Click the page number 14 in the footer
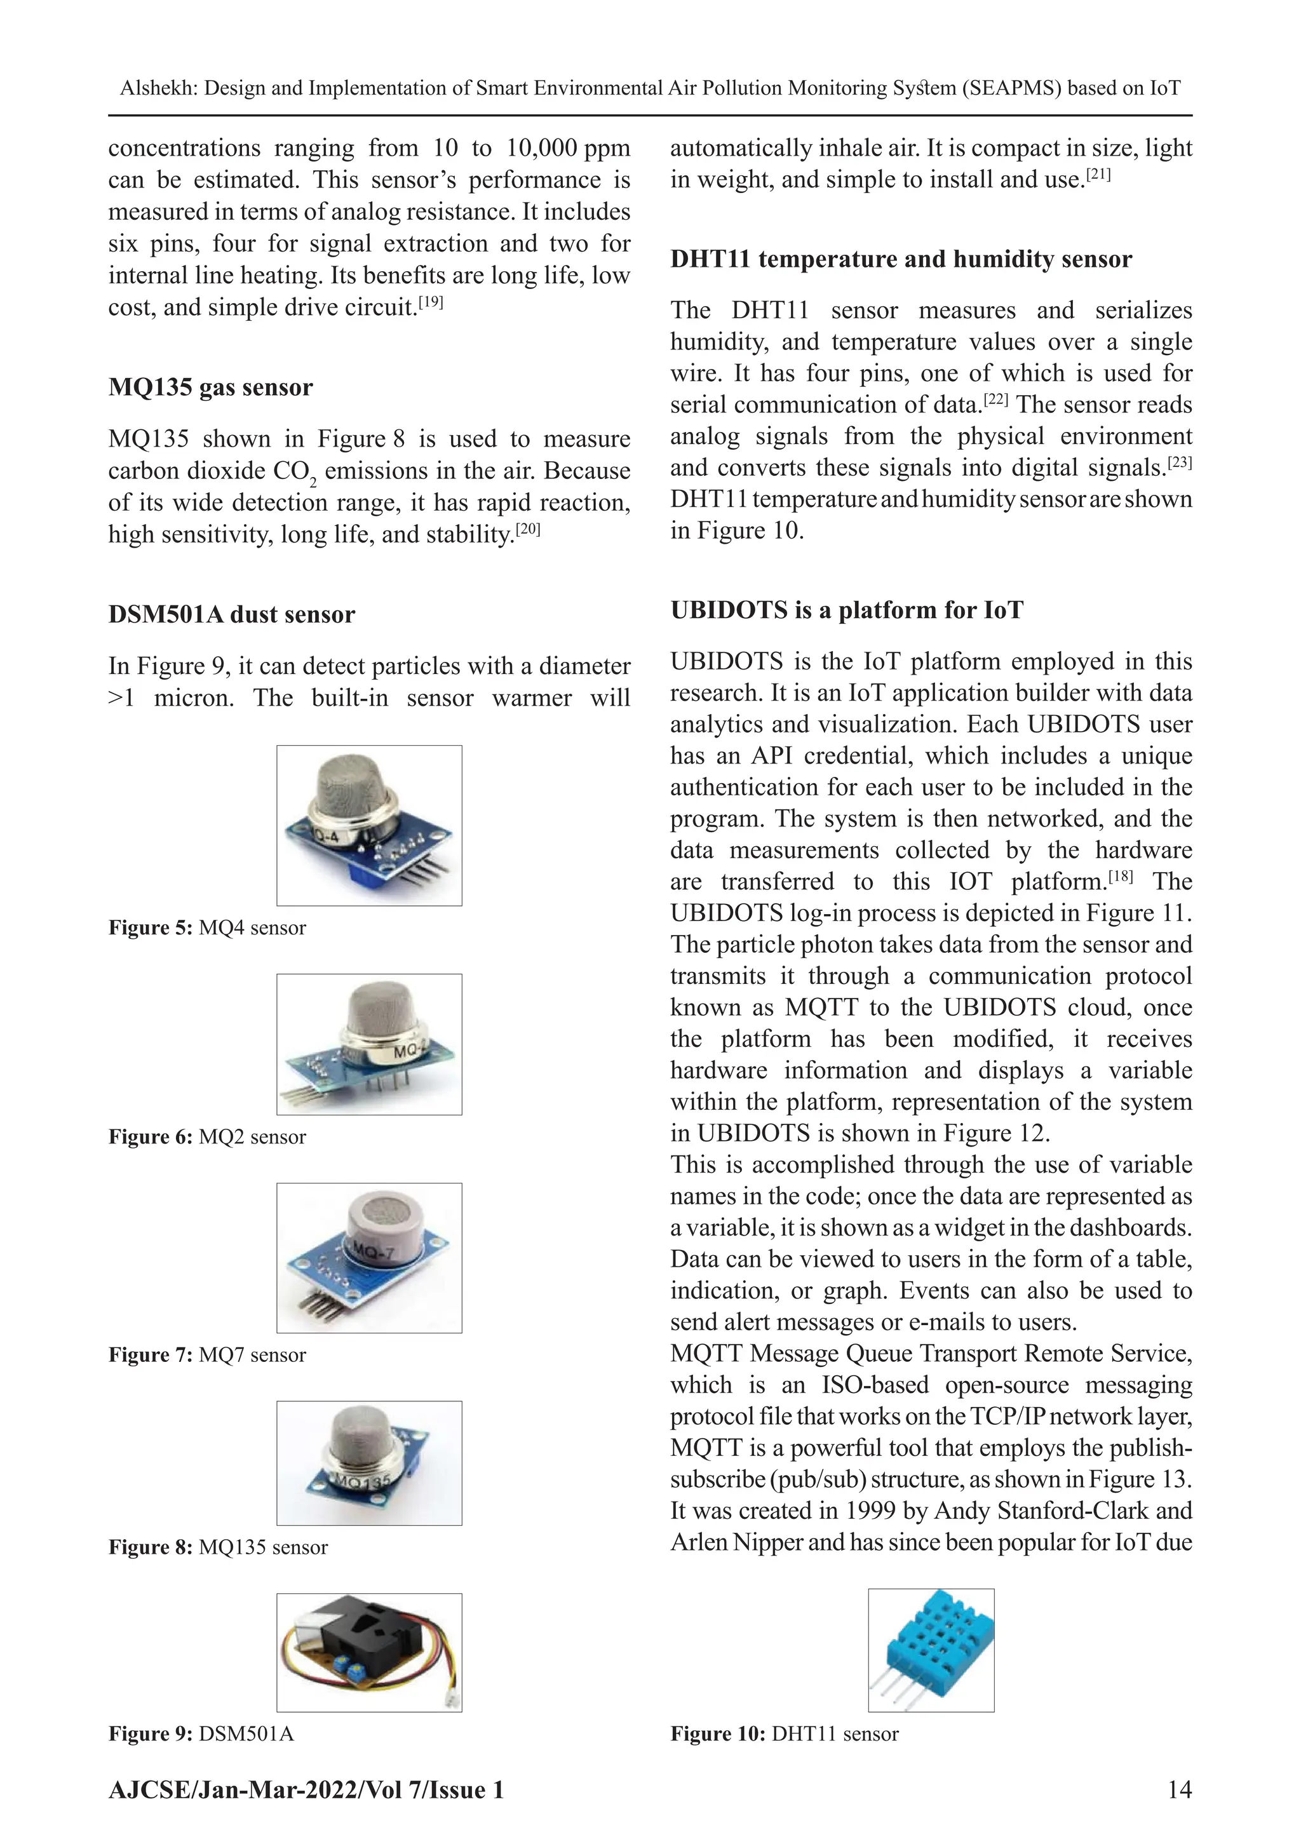(1179, 1790)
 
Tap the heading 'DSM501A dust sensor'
(231, 614)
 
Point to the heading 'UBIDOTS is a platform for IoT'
(847, 610)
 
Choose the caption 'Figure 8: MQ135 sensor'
(218, 1547)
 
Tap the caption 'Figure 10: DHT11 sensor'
(785, 1734)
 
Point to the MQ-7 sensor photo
(369, 1258)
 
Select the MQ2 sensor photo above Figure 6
(369, 1044)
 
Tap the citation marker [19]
(430, 304)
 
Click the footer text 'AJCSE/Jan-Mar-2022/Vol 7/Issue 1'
(306, 1790)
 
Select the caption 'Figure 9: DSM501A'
(201, 1734)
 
